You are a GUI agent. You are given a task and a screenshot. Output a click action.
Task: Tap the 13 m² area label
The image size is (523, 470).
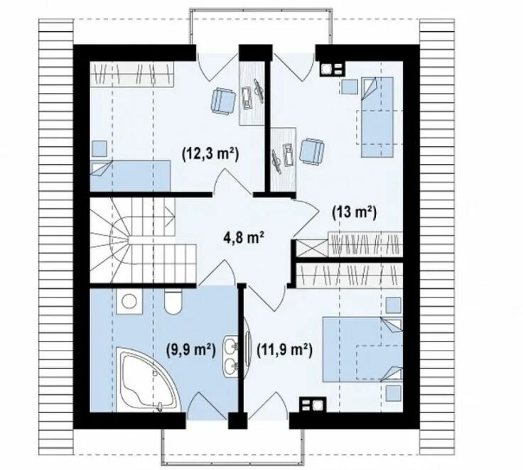354,212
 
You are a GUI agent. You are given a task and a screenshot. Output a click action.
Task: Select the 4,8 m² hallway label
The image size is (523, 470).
244,238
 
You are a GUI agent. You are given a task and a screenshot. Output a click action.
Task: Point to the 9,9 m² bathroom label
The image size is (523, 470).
190,350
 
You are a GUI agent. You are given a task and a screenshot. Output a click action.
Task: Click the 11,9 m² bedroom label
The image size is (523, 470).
284,350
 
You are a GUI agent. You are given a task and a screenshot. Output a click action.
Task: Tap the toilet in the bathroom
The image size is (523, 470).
173,301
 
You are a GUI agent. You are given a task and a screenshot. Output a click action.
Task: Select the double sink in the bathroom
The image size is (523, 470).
230,356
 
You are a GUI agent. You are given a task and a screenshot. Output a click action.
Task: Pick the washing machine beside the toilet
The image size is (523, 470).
129,301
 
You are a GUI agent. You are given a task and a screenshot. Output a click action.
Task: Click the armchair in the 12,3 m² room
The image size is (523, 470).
223,101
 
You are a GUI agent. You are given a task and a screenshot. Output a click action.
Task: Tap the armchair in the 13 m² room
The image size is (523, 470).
311,151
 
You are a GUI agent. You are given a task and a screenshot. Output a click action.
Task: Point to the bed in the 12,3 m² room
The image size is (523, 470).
131,176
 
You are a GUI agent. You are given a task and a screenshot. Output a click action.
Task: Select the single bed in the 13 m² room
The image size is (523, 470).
377,117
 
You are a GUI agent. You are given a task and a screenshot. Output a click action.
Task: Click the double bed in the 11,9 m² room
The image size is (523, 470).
362,349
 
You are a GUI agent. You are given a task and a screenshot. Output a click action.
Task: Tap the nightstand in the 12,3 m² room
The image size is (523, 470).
99,148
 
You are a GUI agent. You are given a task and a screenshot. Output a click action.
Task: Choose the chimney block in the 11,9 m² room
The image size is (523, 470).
313,405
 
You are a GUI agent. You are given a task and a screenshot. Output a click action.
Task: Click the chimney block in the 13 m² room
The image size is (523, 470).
333,69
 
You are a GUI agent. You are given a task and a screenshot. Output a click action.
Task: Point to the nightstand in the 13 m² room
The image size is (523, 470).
349,86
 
